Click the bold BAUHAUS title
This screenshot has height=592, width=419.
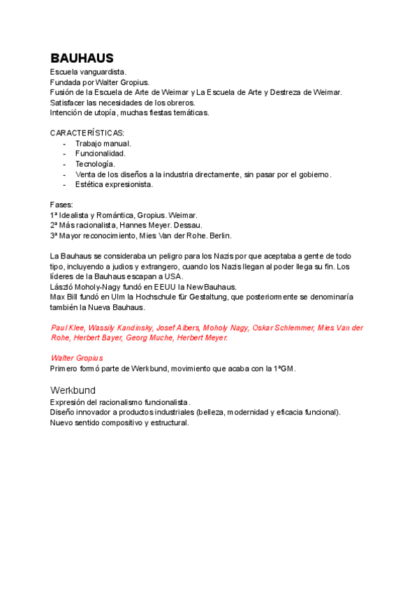pos(82,58)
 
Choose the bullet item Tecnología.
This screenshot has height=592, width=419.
pos(94,164)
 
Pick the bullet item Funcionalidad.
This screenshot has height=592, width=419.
pos(101,154)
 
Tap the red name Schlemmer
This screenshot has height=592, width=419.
pos(295,327)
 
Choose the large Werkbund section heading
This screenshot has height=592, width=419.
pos(73,390)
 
